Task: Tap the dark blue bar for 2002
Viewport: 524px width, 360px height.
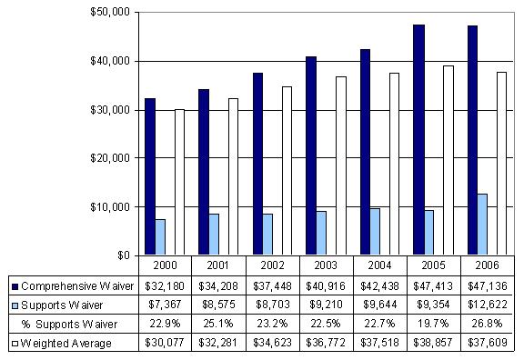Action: [x=257, y=164]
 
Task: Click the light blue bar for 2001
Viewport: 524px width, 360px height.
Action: [x=214, y=234]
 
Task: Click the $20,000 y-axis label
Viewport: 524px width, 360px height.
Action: [x=115, y=157]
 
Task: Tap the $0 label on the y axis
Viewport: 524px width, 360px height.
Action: [x=126, y=255]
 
